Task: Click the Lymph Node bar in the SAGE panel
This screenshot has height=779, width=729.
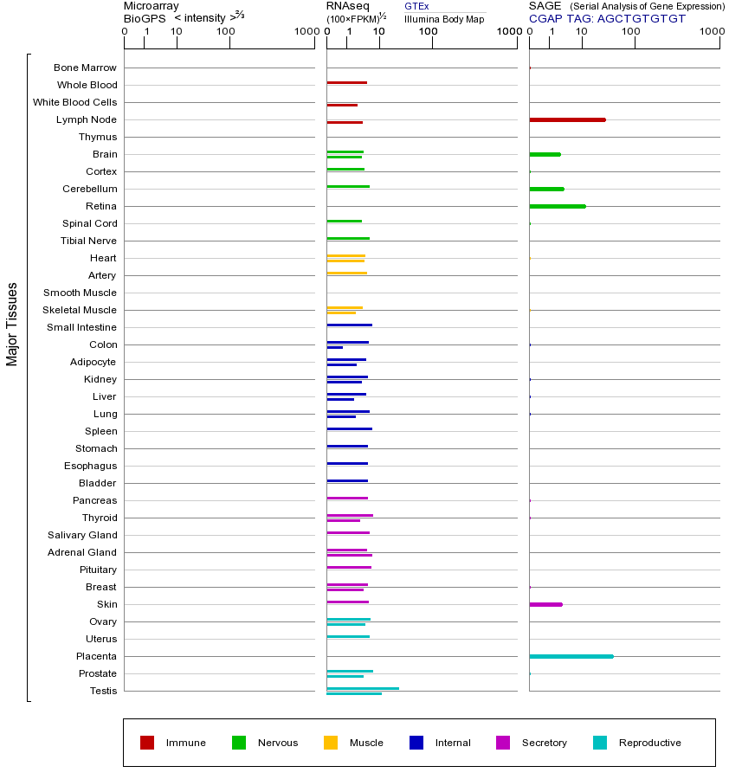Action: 567,119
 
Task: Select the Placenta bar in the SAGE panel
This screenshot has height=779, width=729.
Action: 571,656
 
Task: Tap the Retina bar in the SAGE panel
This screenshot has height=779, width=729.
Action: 558,206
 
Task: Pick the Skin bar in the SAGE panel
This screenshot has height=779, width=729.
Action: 545,604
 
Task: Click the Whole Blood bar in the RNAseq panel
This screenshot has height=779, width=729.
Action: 346,82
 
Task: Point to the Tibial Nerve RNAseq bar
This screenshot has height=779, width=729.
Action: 348,238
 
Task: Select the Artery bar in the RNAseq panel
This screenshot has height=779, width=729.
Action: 346,273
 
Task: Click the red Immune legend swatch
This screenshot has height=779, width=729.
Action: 147,743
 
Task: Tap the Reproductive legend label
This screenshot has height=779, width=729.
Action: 649,743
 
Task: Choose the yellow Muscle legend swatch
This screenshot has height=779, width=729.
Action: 331,743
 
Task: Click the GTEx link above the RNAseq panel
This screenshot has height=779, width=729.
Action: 416,6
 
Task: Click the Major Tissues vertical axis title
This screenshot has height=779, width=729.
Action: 12,324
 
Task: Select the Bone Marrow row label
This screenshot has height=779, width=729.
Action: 85,68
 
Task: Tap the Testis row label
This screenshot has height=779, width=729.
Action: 103,691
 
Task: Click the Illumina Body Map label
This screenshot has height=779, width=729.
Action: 444,18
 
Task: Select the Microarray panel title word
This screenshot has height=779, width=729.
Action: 152,6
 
